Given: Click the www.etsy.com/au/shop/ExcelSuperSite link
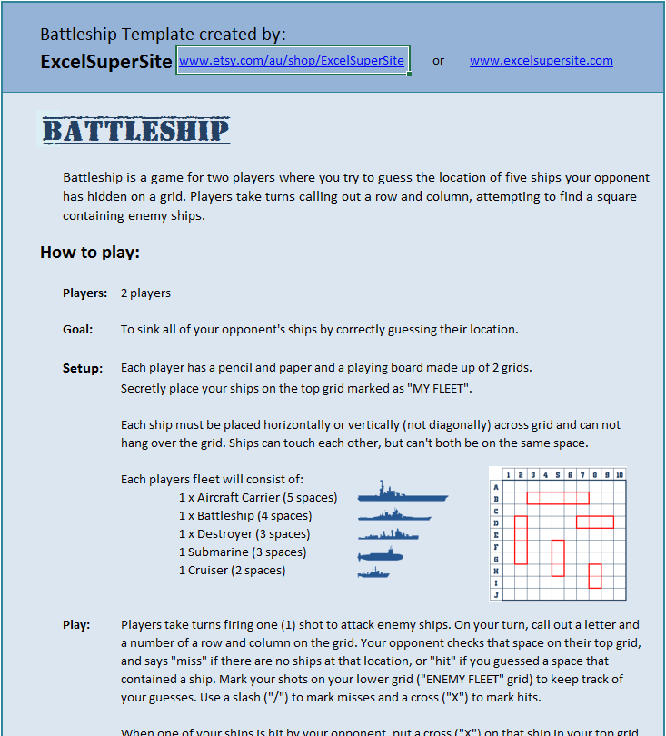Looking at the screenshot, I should [x=292, y=61].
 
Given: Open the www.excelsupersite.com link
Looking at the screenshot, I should [x=541, y=61].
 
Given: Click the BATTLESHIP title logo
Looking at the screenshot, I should [x=136, y=130].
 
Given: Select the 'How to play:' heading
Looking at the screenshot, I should [x=90, y=252].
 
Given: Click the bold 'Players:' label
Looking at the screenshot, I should [x=84, y=293].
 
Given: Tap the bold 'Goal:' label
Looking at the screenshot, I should [x=78, y=329].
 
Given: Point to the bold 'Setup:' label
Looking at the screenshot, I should [x=82, y=368].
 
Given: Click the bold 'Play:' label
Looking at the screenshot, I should [x=76, y=624].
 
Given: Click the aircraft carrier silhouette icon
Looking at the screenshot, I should [x=402, y=496].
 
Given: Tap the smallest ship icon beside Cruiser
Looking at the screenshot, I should [x=373, y=572].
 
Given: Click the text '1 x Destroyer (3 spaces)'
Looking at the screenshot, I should [x=244, y=533].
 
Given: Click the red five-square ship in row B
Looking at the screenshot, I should [x=558, y=498].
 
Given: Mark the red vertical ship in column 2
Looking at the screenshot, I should [x=521, y=540].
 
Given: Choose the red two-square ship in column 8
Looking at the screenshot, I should [x=595, y=575].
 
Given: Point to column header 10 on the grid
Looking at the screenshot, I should [x=619, y=474].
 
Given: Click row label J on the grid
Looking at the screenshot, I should [x=496, y=594].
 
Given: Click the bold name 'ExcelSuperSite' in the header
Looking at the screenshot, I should [x=106, y=62].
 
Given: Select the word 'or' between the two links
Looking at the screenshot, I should [x=439, y=61].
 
